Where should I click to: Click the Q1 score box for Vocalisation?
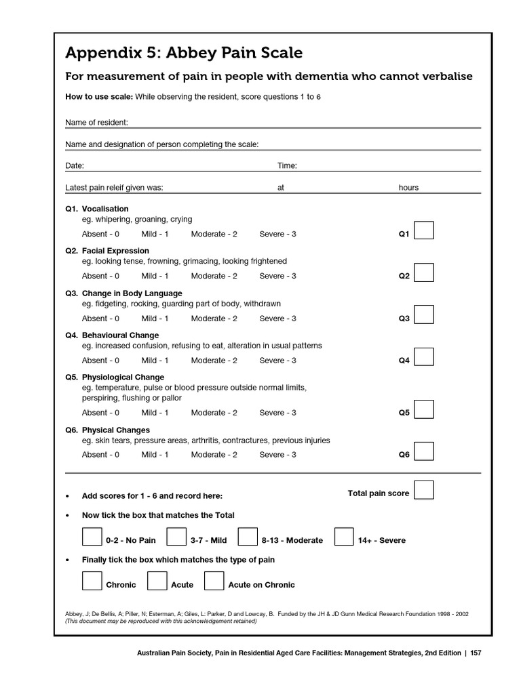(424, 230)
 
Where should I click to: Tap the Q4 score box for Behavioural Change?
(424, 357)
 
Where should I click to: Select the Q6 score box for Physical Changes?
(424, 451)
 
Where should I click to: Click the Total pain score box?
(424, 490)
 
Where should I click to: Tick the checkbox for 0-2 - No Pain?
(92, 537)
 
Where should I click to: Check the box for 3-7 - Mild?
(176, 537)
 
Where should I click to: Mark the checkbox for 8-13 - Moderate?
(248, 537)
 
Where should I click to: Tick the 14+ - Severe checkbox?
(344, 537)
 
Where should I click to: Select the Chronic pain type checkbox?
(92, 581)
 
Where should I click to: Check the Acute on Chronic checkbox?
(214, 581)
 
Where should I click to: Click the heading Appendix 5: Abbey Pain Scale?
(184, 53)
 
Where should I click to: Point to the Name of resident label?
(96, 123)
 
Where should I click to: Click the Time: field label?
(287, 166)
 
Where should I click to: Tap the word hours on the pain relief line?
(408, 188)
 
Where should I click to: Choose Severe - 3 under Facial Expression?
(277, 277)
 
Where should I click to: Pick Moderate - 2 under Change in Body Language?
(214, 319)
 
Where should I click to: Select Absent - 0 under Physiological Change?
(100, 413)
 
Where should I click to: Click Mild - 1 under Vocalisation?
(155, 234)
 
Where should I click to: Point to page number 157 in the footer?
(475, 653)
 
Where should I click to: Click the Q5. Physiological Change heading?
(115, 377)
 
